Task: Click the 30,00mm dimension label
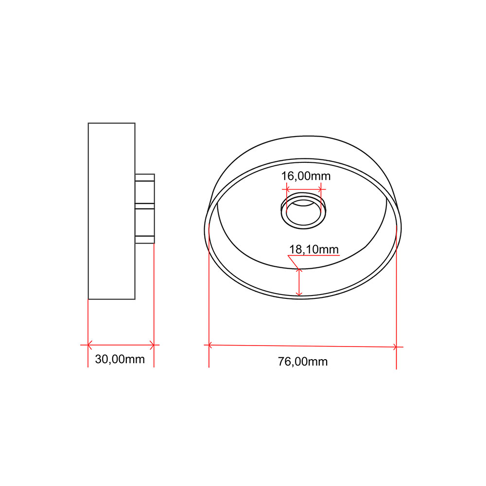coord(120,359)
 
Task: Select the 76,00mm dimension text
coord(302,362)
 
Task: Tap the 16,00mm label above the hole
coord(306,176)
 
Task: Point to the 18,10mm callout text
coord(313,249)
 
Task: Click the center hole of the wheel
coord(303,212)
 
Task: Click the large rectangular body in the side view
coord(112,211)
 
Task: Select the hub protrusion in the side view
coord(145,208)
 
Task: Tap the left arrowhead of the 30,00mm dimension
coord(89,345)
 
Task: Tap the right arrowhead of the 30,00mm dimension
coord(152,345)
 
